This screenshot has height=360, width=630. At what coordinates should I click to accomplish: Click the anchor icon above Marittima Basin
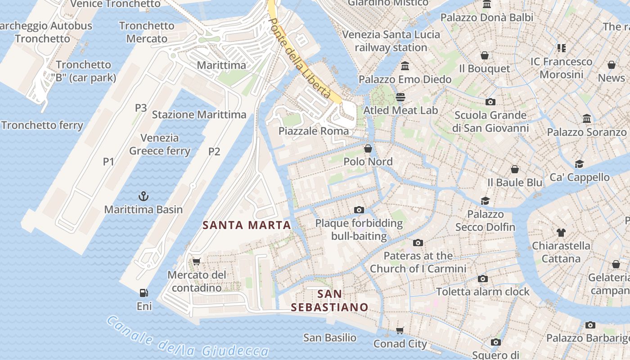coord(143,196)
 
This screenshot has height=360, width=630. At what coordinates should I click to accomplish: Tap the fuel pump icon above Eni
coord(144,293)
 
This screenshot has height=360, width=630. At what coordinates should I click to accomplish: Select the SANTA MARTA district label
coord(247,225)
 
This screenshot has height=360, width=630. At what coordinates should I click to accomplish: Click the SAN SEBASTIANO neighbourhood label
coord(329,301)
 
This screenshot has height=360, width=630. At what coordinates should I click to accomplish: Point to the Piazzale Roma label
coord(314,131)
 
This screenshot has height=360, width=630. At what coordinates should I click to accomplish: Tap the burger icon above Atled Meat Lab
coord(400,97)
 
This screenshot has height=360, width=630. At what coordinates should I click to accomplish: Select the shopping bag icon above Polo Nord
coord(368,148)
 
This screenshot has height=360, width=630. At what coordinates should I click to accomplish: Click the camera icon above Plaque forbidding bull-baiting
coord(359,210)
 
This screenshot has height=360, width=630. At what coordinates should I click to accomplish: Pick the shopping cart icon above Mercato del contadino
coord(196,261)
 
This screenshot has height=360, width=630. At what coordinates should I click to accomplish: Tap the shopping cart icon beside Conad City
coord(400,331)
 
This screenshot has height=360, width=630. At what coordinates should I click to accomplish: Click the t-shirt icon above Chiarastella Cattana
coord(561,233)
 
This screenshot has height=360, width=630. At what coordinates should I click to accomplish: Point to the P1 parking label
coord(108,162)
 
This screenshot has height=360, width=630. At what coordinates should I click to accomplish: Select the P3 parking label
coord(141,108)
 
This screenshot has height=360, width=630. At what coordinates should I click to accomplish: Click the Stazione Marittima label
coord(199,115)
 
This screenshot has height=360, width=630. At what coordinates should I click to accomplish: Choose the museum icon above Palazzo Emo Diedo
coord(405,66)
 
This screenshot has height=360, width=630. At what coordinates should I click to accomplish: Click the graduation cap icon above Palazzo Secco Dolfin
coord(485,201)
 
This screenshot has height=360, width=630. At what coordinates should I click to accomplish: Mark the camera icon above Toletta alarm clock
coord(483,279)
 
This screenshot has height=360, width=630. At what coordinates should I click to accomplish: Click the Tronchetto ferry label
coord(42,125)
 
